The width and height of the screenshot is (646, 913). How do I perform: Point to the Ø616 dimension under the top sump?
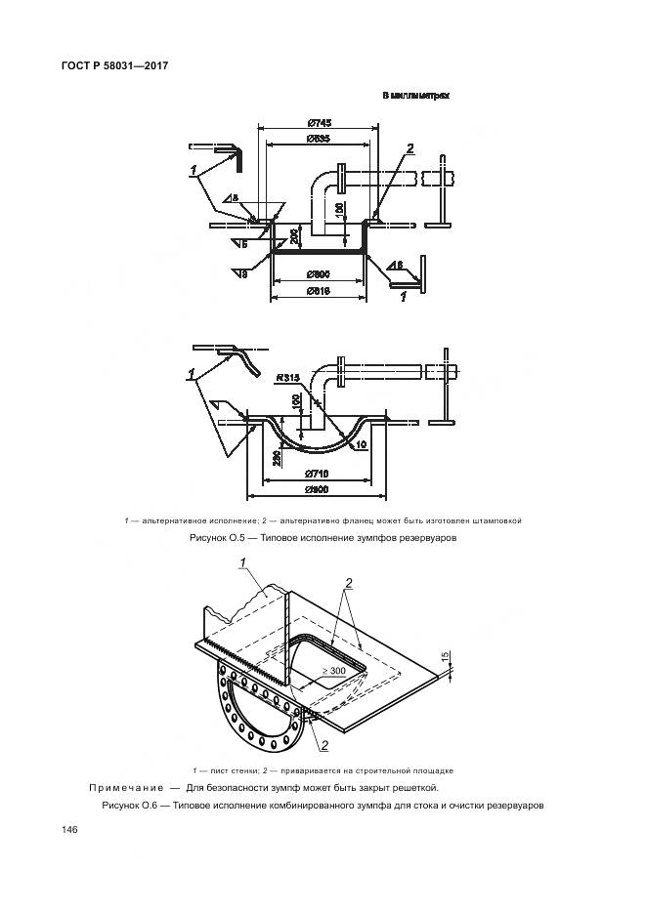click(316, 292)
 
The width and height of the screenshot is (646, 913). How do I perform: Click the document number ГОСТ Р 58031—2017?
click(116, 66)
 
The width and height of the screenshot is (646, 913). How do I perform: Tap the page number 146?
click(69, 829)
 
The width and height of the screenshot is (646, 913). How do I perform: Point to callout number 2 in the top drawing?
click(410, 149)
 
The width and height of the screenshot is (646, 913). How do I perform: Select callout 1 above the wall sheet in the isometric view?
click(241, 563)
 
